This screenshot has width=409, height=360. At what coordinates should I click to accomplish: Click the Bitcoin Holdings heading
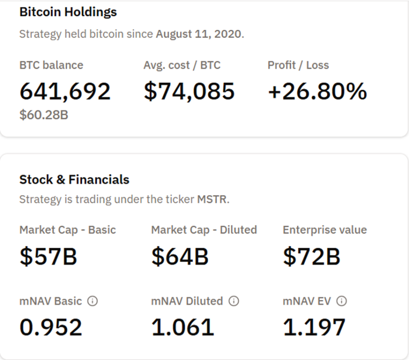pos(68,12)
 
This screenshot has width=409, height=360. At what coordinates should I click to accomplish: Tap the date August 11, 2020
pos(199,34)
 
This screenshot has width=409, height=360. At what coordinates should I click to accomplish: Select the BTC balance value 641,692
pos(65,91)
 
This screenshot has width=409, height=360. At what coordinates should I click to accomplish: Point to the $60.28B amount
pos(44,116)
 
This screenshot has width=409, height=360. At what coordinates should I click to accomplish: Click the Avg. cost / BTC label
pos(182,65)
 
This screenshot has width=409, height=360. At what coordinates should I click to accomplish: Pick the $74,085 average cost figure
pos(189,91)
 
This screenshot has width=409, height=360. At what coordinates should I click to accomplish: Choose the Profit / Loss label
pos(298,65)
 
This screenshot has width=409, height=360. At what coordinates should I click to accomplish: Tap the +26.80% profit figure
pos(317,91)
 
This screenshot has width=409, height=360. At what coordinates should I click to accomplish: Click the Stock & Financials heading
pos(74,180)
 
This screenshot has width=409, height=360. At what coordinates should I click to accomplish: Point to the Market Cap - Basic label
pos(68,230)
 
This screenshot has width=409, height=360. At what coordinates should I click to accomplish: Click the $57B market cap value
pos(48,256)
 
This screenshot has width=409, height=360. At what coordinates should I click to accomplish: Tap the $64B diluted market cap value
pos(180,256)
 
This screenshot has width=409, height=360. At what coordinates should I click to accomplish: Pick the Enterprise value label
pos(325,230)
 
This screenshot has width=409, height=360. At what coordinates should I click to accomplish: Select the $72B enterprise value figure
pos(311,256)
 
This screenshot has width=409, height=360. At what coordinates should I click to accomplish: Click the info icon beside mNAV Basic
pos(92,301)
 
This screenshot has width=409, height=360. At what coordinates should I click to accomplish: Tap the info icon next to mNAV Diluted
pos(233,301)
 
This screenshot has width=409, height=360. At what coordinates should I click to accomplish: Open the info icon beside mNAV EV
pos(341,301)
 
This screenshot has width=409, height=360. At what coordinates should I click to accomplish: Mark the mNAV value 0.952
pos(51,328)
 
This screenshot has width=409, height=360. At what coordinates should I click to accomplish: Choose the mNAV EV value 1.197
pos(314,328)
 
